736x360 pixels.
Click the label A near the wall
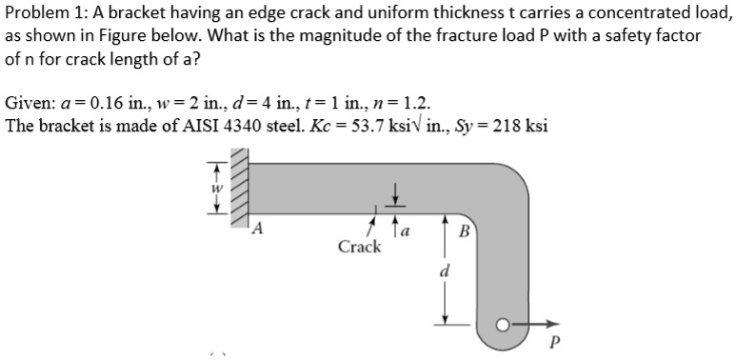pos(257,228)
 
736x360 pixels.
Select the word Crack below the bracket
pos(359,248)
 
